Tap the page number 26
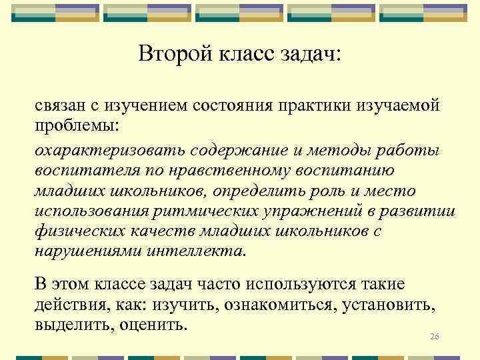[435, 336]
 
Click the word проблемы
[75, 125]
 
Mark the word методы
[337, 150]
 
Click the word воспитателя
[82, 171]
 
